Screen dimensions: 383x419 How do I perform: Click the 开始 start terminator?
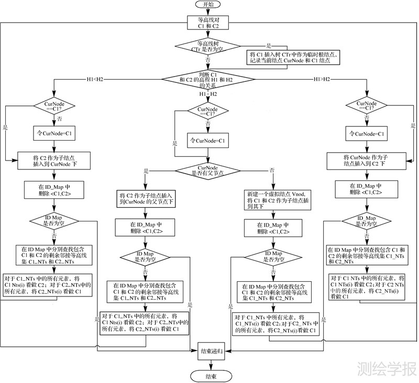coord(208,4)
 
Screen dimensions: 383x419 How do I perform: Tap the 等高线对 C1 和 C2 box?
coord(207,23)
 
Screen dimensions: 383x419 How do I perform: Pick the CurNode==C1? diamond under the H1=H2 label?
coord(207,111)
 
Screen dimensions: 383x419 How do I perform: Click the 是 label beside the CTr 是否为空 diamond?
coord(269,45)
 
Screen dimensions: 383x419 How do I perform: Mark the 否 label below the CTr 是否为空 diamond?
coord(208,60)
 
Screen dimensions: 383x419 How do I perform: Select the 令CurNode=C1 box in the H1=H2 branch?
coord(207,141)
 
